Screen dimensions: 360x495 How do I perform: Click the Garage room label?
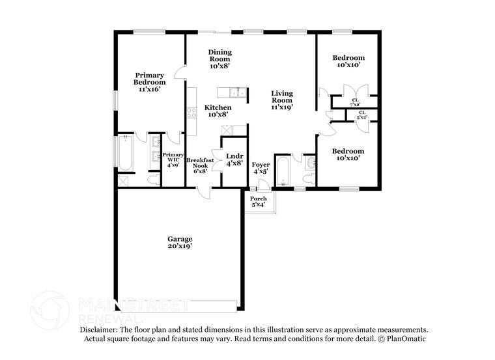[x=180, y=243]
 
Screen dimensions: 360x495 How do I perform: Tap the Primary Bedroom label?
[x=150, y=82]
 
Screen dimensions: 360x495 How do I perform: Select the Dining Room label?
[x=219, y=59]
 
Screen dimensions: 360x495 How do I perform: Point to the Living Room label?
[x=282, y=100]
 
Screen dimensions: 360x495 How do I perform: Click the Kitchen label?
[x=218, y=111]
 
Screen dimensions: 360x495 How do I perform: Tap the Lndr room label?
[x=234, y=159]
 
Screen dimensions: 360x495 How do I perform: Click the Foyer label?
[x=261, y=168]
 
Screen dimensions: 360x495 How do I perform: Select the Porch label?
[x=259, y=202]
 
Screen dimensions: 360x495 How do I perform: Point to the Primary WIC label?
[x=173, y=160]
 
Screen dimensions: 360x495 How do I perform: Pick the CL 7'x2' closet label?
[x=356, y=102]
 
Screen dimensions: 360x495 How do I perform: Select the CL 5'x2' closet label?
[x=361, y=115]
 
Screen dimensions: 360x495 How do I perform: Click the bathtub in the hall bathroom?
[x=283, y=171]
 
